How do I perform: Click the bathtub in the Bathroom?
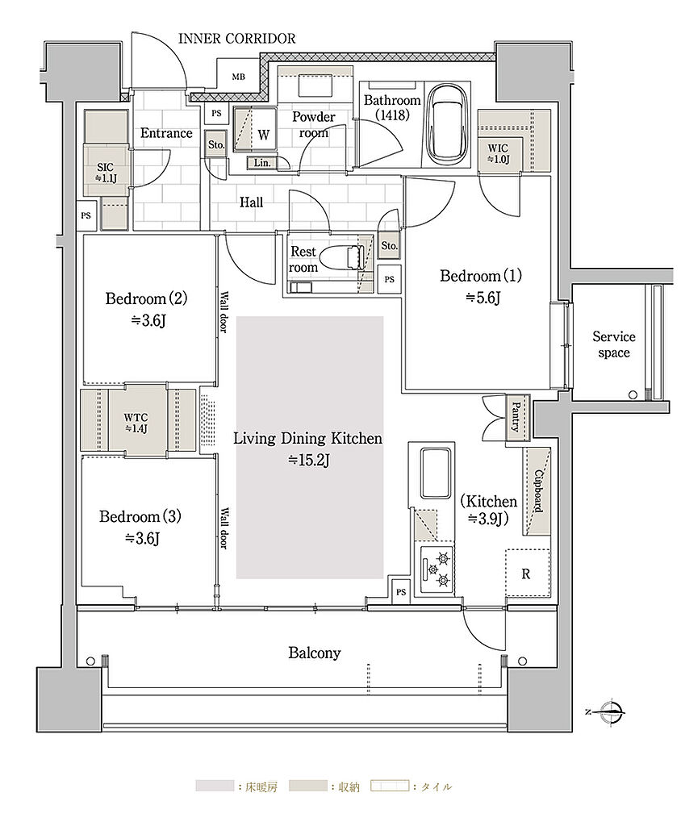pyautogui.click(x=447, y=124)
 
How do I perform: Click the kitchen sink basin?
pyautogui.click(x=435, y=472)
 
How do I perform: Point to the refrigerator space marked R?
pyautogui.click(x=527, y=574)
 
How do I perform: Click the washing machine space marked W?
pyautogui.click(x=255, y=130)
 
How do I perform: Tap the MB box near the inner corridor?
pyautogui.click(x=239, y=77)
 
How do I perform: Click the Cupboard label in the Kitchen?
pyautogui.click(x=538, y=490)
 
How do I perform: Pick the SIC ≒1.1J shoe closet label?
pyautogui.click(x=106, y=173)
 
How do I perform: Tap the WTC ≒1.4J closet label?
pyautogui.click(x=136, y=423)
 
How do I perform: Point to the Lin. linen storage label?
pyautogui.click(x=262, y=163)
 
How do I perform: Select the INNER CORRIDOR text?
pyautogui.click(x=237, y=39)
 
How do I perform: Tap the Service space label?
pyautogui.click(x=614, y=344)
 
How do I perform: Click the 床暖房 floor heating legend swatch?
pyautogui.click(x=215, y=786)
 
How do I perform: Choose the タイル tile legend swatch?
pyautogui.click(x=390, y=786)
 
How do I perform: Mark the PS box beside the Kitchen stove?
pyautogui.click(x=401, y=592)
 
